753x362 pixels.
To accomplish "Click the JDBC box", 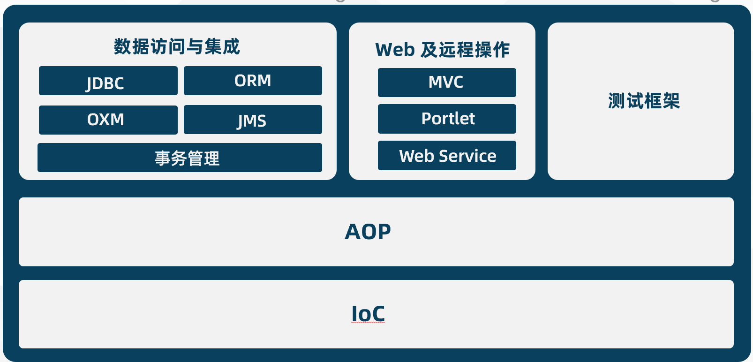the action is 108,81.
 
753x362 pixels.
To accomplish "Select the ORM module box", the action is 253,81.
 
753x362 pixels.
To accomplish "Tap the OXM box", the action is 108,120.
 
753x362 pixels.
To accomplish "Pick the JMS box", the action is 253,120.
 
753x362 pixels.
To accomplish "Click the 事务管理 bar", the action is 180,158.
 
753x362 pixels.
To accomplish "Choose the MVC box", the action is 447,83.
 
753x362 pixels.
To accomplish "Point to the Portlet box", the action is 447,119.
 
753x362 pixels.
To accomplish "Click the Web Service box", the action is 447,156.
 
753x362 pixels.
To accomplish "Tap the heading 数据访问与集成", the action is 177,46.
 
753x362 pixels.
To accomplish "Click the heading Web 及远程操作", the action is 443,50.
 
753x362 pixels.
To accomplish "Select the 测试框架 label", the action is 644,100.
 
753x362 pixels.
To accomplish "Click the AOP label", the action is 368,232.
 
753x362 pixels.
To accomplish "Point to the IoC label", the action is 368,314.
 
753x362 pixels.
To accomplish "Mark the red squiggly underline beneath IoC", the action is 368,322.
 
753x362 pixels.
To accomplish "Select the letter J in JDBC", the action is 89,84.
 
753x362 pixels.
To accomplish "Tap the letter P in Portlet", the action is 427,118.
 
